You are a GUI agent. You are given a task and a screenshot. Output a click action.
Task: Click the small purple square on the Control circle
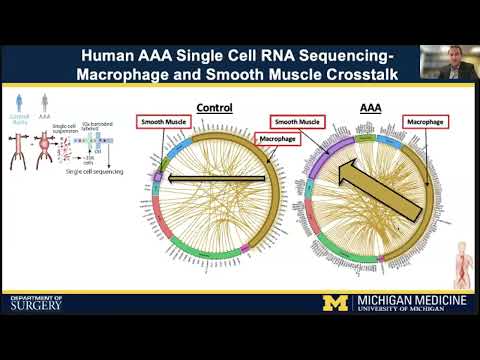156,177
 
